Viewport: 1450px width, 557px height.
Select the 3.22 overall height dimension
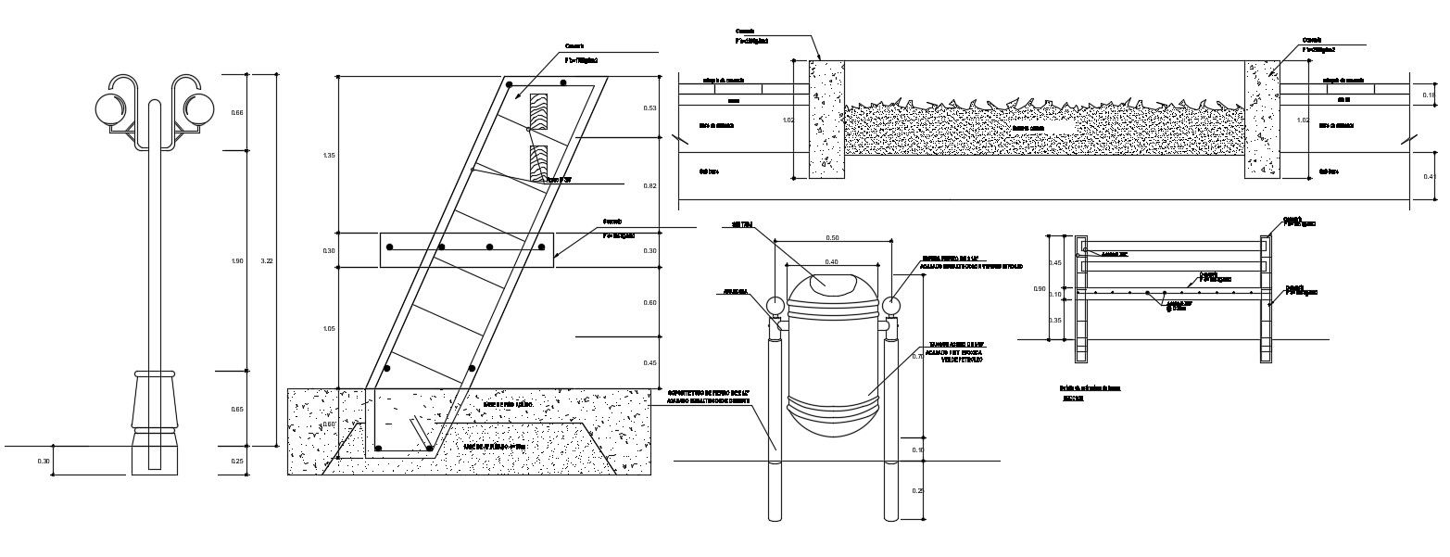[x=268, y=261]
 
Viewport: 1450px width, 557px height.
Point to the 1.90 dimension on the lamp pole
[x=236, y=261]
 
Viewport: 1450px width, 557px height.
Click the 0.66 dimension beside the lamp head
[x=236, y=113]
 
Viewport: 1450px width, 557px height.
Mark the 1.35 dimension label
[x=329, y=156]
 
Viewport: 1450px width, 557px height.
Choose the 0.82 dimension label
[x=649, y=186]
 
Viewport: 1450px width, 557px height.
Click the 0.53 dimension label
[x=649, y=108]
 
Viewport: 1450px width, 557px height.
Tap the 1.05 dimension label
[x=329, y=329]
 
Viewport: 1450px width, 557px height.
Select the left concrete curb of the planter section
[x=826, y=119]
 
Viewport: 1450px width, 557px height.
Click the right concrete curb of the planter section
[x=1261, y=119]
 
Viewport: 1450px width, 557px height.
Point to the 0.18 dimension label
[x=1428, y=95]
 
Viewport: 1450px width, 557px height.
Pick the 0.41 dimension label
[x=1428, y=176]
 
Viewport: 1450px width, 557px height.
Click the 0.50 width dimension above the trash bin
[x=832, y=238]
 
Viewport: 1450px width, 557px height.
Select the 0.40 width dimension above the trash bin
[x=832, y=262]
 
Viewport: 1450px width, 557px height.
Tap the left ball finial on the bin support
[x=776, y=306]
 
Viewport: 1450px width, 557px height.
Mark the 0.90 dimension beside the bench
[x=1040, y=289]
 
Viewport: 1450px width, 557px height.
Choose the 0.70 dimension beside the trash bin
[x=916, y=356]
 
